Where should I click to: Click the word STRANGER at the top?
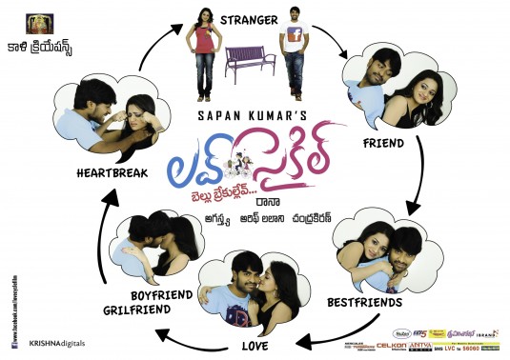pyautogui.click(x=249, y=18)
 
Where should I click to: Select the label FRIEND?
pyautogui.click(x=382, y=143)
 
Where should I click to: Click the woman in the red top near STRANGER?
pyautogui.click(x=205, y=43)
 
